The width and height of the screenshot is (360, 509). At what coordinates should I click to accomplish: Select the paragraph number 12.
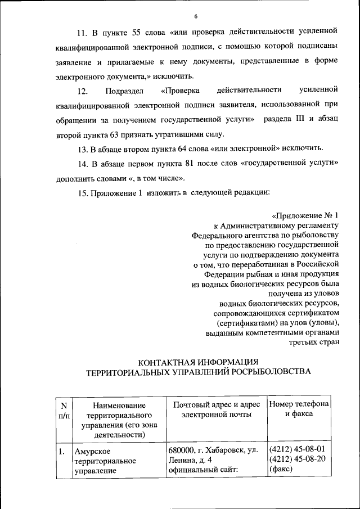click(x=83, y=90)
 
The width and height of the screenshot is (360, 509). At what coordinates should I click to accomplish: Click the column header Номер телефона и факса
click(x=299, y=409)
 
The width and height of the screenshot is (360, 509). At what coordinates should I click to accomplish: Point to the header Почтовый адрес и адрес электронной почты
click(x=217, y=409)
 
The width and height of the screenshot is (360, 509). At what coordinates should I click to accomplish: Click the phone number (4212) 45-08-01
click(x=298, y=450)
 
